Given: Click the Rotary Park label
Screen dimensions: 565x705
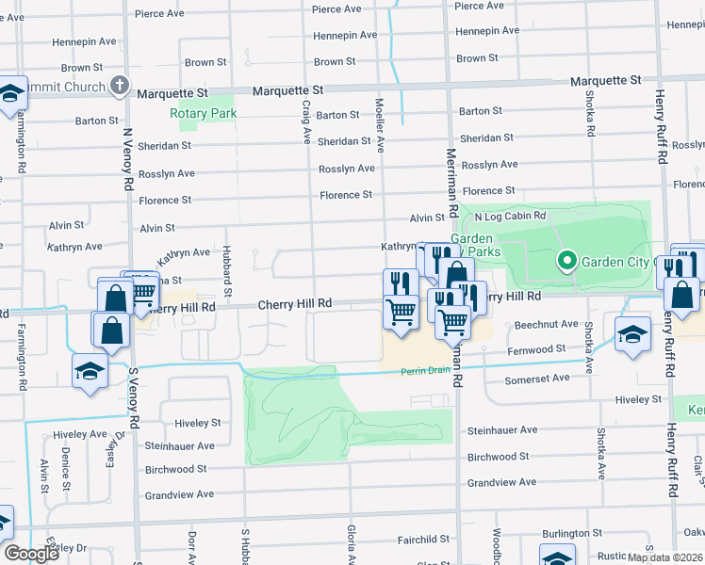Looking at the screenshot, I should click(203, 114).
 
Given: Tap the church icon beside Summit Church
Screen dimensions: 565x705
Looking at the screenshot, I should click(119, 87).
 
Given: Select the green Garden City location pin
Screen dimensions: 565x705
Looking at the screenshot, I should click(566, 261).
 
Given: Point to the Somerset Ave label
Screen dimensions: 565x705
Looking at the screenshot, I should click(538, 378).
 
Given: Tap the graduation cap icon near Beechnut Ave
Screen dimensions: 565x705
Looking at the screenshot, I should click(632, 333).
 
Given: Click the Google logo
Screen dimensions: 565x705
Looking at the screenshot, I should click(31, 554).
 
